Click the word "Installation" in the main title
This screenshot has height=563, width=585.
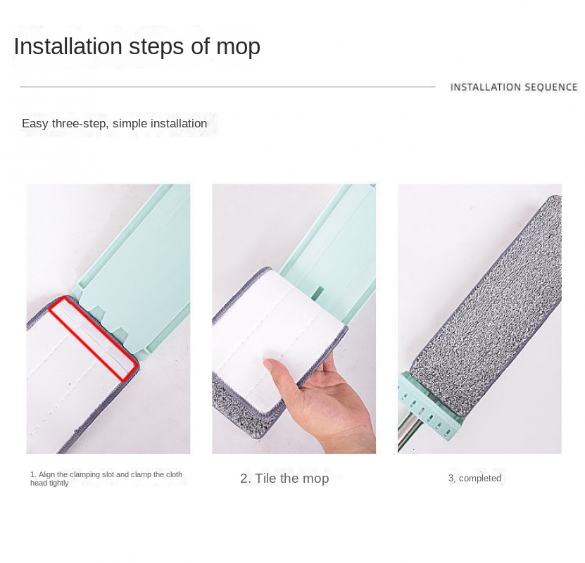pyautogui.click(x=68, y=46)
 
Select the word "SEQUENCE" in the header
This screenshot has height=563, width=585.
pyautogui.click(x=551, y=87)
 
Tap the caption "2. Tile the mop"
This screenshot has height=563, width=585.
pyautogui.click(x=284, y=479)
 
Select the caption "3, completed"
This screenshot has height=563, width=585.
pyautogui.click(x=474, y=478)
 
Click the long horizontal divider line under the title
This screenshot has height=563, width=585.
pyautogui.click(x=227, y=87)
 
